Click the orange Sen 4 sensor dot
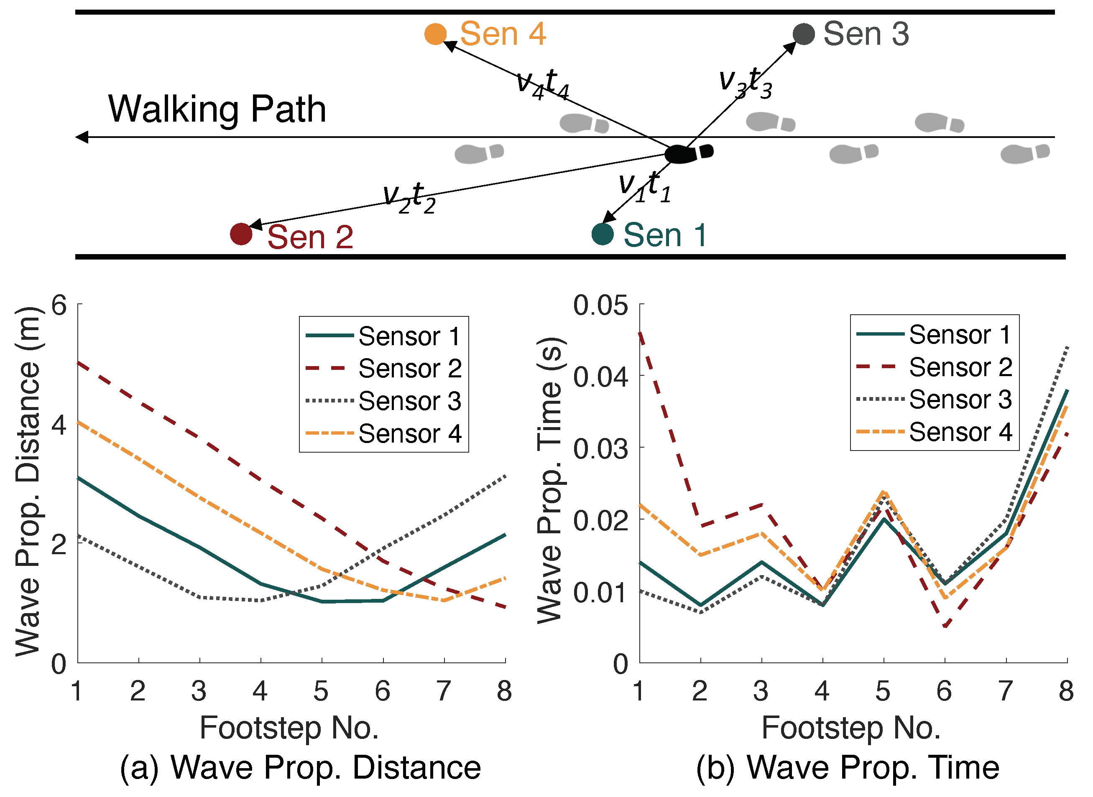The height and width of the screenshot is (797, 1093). (x=435, y=34)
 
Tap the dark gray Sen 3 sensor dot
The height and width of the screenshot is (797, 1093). (x=804, y=34)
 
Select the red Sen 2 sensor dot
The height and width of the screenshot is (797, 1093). (x=241, y=234)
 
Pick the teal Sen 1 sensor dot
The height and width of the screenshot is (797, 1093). (x=602, y=234)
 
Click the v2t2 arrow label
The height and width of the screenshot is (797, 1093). (x=409, y=196)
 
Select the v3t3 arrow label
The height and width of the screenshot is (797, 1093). (x=745, y=82)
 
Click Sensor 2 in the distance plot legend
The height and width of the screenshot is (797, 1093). (x=410, y=369)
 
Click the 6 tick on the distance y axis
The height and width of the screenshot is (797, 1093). (x=59, y=305)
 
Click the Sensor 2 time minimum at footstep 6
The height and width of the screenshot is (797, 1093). (x=945, y=626)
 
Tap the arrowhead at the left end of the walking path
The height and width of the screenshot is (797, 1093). (x=82, y=137)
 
